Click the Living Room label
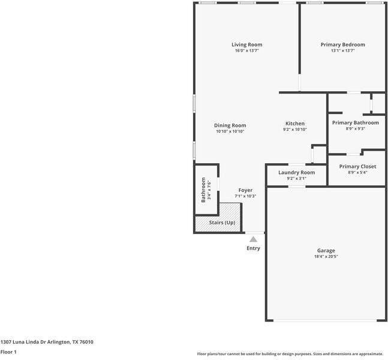tap(246, 44)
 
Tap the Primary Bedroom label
tap(342, 44)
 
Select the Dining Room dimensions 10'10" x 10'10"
tap(230, 131)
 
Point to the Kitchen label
tap(295, 124)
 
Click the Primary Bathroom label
tap(356, 122)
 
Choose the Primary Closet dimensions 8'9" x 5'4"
tap(357, 172)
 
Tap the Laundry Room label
tap(296, 172)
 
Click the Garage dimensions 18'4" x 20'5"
tap(326, 257)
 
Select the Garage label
tap(326, 251)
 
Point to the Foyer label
tap(245, 190)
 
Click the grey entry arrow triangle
tap(253, 239)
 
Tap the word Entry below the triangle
tap(253, 248)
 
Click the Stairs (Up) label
tap(222, 223)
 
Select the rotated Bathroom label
tap(203, 190)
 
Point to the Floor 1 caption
tap(8, 352)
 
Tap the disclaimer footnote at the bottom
tap(290, 354)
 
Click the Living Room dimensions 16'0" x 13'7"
tap(246, 50)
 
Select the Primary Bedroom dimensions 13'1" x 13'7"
tap(342, 50)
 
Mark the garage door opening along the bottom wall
tap(325, 320)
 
